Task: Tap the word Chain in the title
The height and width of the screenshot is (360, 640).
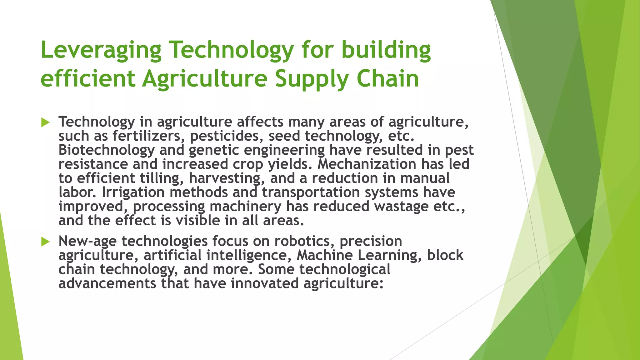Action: pos(387,79)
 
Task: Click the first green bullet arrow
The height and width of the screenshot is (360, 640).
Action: pos(45,122)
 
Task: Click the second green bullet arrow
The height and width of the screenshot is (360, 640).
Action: pos(45,242)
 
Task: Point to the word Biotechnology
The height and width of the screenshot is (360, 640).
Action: pos(106,150)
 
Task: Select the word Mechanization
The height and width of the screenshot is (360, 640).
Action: pos(367,164)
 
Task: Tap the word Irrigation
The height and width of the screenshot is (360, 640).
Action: pos(133,192)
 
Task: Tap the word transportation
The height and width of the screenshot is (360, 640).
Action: pos(311,192)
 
